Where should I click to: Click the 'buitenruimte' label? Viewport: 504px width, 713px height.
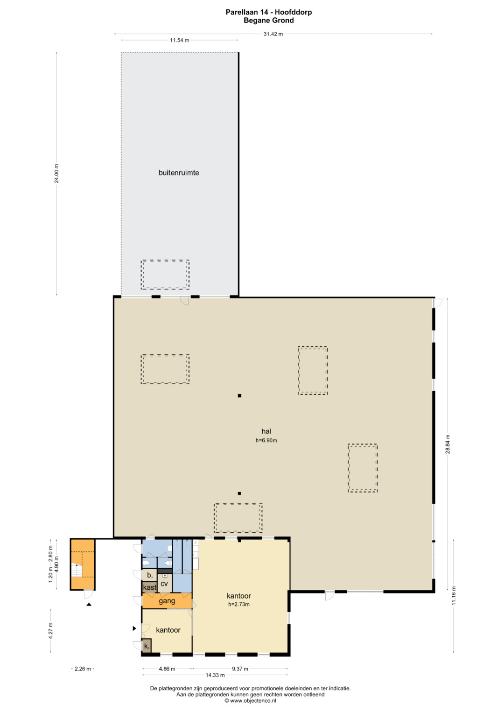coord(179,173)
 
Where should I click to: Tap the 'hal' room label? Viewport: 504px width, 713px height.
coord(266,431)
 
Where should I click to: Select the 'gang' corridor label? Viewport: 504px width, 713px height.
coord(167,601)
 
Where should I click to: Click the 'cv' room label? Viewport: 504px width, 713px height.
coord(164,584)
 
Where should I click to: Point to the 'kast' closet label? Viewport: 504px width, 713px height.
coord(149,587)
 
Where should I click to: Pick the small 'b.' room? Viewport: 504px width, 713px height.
coord(149,575)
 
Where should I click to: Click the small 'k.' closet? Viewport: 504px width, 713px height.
coord(147,646)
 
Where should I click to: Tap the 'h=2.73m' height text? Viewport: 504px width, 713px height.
coord(238,605)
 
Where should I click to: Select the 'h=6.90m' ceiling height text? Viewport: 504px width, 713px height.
coord(266,440)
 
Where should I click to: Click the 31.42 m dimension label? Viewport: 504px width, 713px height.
coord(273,34)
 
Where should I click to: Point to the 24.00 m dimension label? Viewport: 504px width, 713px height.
coord(56,174)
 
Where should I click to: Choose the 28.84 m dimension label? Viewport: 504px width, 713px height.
coord(448,444)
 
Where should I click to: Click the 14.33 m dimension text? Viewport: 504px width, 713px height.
coord(215,675)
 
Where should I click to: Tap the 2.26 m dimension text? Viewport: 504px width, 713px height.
coord(83,669)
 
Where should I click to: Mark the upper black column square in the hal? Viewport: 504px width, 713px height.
coord(239,395)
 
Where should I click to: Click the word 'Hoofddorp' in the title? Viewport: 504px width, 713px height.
coord(294,13)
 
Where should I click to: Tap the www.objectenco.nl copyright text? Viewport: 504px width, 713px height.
coord(251,700)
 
